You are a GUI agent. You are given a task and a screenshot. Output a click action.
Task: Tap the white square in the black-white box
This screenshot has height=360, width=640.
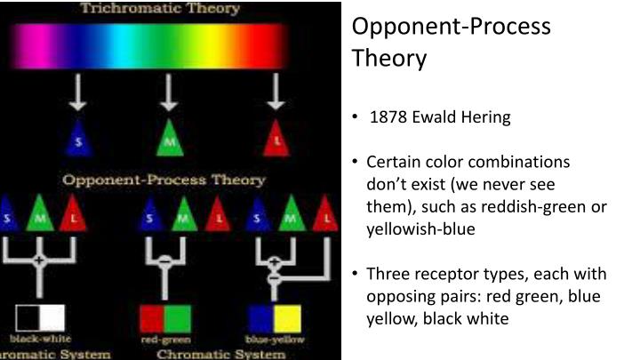click(x=52, y=317)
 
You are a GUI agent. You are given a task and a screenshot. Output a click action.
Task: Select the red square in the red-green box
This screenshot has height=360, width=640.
click(x=152, y=317)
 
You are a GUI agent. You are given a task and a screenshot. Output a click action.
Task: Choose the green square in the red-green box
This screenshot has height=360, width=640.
click(x=177, y=317)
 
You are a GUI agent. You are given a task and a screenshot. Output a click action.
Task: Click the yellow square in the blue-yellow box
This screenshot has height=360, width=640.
click(x=287, y=317)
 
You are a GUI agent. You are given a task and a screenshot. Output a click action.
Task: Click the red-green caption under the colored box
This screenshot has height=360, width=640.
click(x=164, y=340)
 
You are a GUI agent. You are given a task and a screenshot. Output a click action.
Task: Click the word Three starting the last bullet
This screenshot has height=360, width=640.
click(x=388, y=274)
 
